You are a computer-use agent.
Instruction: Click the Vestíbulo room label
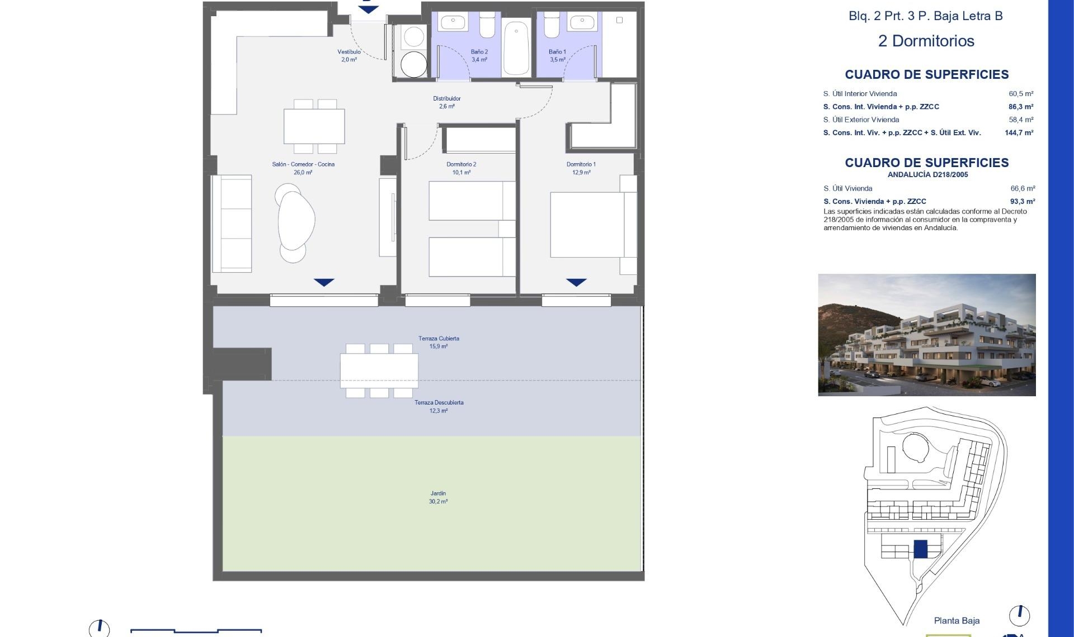point(349,55)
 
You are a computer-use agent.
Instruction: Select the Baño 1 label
point(557,55)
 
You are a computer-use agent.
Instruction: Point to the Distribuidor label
point(446,102)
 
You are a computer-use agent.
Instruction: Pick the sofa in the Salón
point(232,224)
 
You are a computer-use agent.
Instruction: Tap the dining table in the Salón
point(314,127)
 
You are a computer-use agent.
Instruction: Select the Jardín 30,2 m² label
point(438,497)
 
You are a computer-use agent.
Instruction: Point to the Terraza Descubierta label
point(439,406)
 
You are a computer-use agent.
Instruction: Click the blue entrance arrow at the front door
point(368,9)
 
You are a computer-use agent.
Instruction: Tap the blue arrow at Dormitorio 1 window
point(576,282)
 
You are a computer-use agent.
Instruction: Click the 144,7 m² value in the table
point(1019,133)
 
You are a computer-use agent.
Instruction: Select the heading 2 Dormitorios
point(926,41)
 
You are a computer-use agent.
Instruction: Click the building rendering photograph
point(926,335)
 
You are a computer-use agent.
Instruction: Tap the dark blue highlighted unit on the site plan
point(920,549)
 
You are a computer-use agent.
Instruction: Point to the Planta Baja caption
point(957,620)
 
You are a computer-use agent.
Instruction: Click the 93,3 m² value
point(1022,202)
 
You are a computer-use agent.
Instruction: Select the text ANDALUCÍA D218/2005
point(927,175)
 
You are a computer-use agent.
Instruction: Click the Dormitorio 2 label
point(461,168)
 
